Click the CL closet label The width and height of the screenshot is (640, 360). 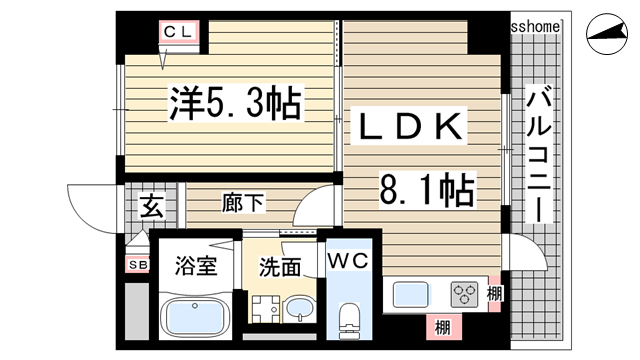[183, 33]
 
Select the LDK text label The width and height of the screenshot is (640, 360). [406, 127]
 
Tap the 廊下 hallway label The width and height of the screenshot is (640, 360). [243, 204]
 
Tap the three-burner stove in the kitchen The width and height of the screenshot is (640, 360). [465, 295]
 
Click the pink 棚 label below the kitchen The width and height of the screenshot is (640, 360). [441, 326]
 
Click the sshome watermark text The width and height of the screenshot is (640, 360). [536, 24]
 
